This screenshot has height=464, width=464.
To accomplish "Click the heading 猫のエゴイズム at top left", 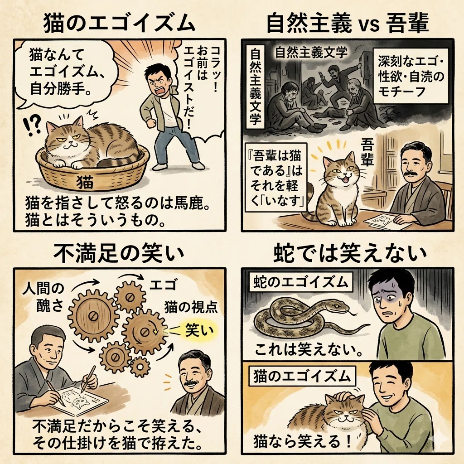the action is [119, 23].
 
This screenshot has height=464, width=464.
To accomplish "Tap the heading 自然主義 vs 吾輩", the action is [348, 24].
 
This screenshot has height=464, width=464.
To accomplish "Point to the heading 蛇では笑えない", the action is [350, 253].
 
